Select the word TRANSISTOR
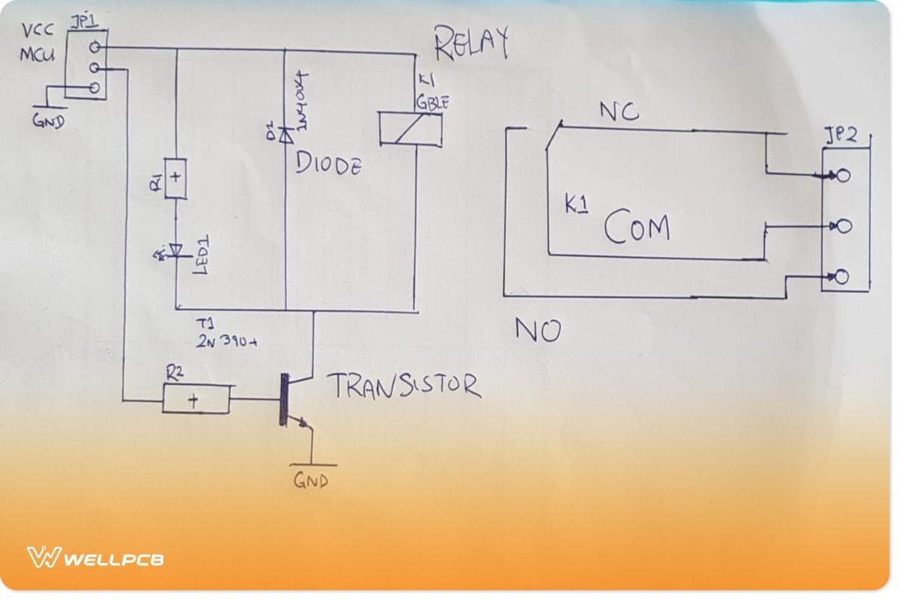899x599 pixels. click(x=403, y=386)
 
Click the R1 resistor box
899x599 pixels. click(x=175, y=179)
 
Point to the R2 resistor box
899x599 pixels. click(x=196, y=400)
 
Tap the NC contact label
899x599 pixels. click(x=619, y=112)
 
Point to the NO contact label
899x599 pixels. click(x=537, y=330)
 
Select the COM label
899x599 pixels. click(x=637, y=228)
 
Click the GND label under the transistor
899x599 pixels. click(x=310, y=480)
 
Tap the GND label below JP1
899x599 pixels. click(x=49, y=122)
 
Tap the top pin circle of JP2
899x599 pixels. click(x=844, y=177)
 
